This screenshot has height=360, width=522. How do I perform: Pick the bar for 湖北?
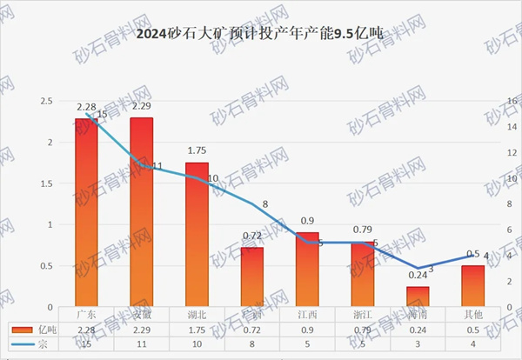197,235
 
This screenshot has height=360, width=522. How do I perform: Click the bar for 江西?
307,270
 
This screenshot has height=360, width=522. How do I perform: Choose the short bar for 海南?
418,297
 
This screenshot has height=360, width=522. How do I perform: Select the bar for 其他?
472,286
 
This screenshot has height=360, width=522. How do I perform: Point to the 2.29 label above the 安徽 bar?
141,108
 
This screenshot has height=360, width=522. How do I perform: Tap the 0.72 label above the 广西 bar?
252,237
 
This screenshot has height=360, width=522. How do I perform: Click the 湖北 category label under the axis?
197,314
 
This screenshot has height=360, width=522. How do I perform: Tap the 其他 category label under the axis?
472,314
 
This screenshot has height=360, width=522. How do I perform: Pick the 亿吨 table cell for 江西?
307,330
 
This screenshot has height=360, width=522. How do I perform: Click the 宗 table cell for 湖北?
197,345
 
